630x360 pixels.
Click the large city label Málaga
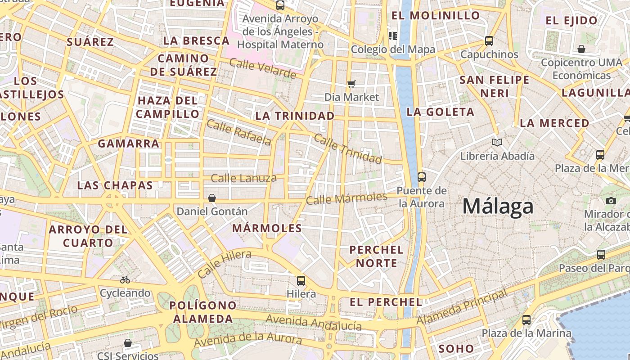pyautogui.click(x=498, y=207)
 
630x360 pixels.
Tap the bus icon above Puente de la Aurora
pyautogui.click(x=421, y=177)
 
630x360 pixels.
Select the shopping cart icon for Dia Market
pyautogui.click(x=351, y=84)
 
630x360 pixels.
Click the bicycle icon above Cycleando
pyautogui.click(x=125, y=280)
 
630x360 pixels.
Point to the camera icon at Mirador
pyautogui.click(x=611, y=201)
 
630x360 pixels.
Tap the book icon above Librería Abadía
pyautogui.click(x=497, y=143)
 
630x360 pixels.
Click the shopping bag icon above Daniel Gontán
pyautogui.click(x=211, y=198)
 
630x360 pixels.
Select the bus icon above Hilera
pyautogui.click(x=301, y=281)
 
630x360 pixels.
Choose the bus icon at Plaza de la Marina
pyautogui.click(x=526, y=320)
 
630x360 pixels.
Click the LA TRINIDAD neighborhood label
pyautogui.click(x=295, y=116)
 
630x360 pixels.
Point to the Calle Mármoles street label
pyautogui.click(x=346, y=198)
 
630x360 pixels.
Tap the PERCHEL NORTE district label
pyautogui.click(x=377, y=256)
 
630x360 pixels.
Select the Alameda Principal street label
pyautogui.click(x=462, y=308)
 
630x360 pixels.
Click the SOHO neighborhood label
pyautogui.click(x=456, y=348)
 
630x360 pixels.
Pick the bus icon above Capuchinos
pyautogui.click(x=489, y=41)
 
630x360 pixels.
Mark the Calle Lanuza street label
pyautogui.click(x=243, y=178)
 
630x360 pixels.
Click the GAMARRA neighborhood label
pyautogui.click(x=129, y=144)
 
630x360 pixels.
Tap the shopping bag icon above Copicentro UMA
pyautogui.click(x=581, y=49)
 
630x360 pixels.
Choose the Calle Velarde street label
pyautogui.click(x=262, y=68)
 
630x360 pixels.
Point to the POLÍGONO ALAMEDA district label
pyautogui.click(x=203, y=312)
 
